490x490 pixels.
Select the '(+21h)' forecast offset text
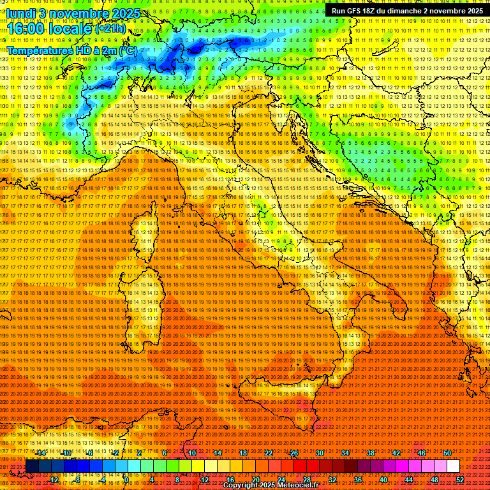(110, 29)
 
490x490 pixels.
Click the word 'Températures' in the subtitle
(39, 50)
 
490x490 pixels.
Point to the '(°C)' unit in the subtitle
(128, 50)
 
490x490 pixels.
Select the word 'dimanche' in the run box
(406, 11)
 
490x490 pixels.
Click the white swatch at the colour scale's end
(453, 466)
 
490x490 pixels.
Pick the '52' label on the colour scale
(460, 480)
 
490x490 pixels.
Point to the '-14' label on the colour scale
(41, 452)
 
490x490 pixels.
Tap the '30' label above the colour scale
(320, 452)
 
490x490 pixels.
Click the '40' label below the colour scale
(383, 480)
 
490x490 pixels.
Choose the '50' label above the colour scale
(447, 452)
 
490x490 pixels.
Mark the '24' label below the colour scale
(281, 480)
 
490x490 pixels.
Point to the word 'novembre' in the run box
(447, 11)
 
